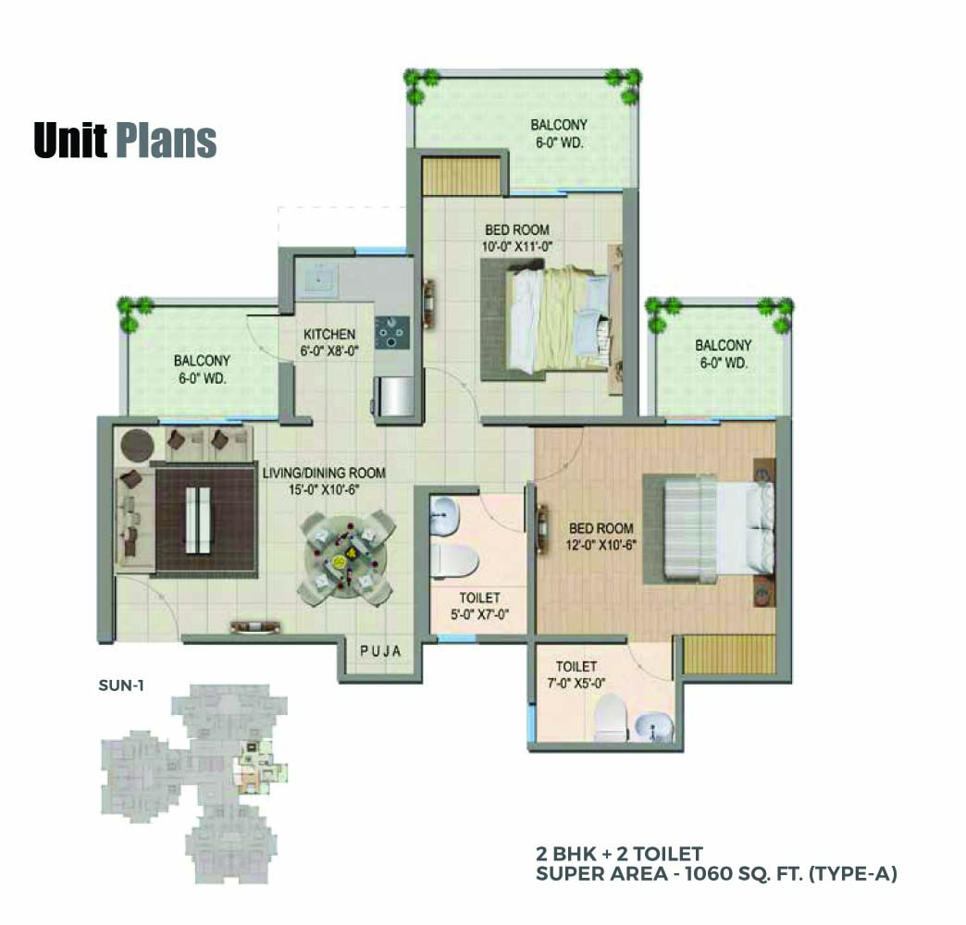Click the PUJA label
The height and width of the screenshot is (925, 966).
380,651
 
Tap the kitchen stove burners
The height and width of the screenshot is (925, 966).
392,333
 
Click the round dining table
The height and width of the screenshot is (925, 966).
346,558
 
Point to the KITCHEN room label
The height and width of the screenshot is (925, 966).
329,335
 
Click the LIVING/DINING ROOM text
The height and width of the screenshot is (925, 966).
324,473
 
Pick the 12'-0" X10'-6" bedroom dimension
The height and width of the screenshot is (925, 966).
601,545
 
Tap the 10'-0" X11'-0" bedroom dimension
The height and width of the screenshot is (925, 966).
517,247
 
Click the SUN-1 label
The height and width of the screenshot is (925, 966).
121,684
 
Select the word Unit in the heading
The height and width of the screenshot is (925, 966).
70,141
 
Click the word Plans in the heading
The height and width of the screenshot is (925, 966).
167,141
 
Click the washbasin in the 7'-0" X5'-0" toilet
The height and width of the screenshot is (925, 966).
651,727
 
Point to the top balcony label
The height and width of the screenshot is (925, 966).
559,133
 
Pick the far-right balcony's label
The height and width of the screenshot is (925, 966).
724,354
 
